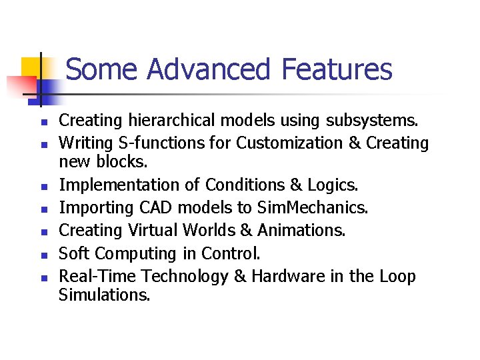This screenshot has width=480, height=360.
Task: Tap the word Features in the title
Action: point(337,69)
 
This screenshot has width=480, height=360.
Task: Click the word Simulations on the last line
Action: point(105,295)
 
